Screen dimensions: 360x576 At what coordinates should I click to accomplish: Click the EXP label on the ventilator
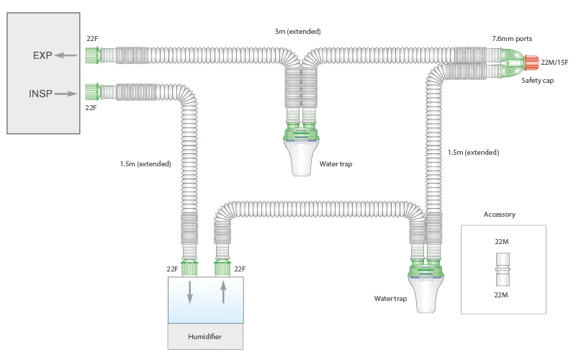click(42, 55)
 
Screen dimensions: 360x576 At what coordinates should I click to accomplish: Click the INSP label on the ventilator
click(40, 93)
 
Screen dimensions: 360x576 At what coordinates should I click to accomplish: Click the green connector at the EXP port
click(91, 54)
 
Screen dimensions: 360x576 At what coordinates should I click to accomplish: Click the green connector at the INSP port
click(91, 91)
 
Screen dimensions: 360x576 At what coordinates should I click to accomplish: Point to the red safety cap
click(531, 63)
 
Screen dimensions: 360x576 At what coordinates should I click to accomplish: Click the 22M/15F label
click(554, 63)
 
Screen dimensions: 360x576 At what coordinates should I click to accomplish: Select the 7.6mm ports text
click(512, 38)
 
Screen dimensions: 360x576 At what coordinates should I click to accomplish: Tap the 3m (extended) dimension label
click(297, 32)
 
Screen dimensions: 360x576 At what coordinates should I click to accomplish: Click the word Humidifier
click(204, 336)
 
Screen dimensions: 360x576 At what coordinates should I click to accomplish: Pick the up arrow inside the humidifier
click(223, 292)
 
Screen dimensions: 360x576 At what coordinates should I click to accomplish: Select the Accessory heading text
click(499, 215)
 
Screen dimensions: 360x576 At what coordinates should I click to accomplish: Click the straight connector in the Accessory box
click(503, 269)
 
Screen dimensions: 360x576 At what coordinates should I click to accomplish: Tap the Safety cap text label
click(537, 81)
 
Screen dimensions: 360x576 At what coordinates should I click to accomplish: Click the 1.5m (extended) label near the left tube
click(145, 163)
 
